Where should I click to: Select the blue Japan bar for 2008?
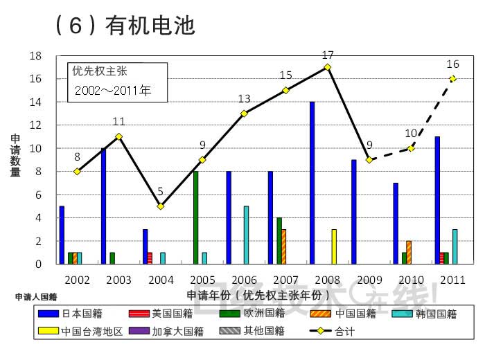click(312, 183)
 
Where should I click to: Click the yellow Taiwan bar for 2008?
click(334, 246)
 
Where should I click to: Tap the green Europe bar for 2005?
click(196, 217)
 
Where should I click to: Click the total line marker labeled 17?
click(328, 67)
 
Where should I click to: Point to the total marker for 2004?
click(161, 206)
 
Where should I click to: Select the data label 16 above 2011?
click(454, 64)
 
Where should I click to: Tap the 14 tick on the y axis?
click(35, 102)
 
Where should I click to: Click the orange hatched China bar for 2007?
click(283, 246)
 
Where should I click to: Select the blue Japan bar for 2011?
click(437, 200)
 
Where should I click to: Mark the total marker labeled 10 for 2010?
click(412, 148)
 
